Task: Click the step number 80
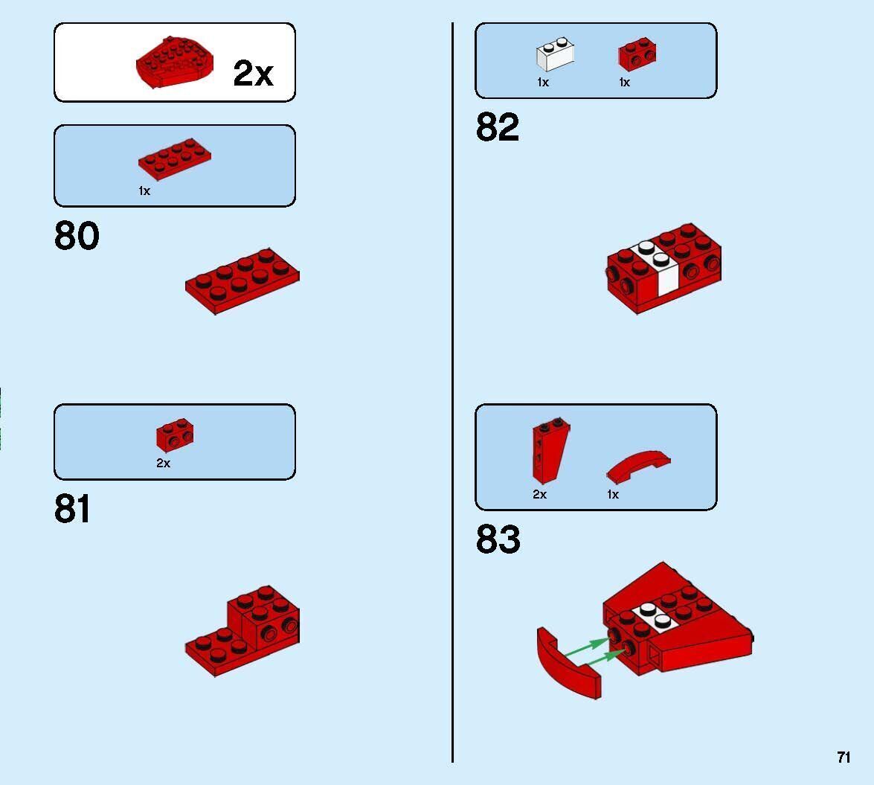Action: [77, 235]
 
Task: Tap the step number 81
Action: [72, 508]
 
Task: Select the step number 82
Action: [498, 127]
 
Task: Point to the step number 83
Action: [498, 539]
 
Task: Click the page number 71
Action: [844, 757]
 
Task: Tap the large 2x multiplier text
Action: [254, 73]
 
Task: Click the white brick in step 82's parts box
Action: [555, 54]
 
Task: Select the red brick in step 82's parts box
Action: [637, 54]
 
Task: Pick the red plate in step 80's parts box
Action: [175, 159]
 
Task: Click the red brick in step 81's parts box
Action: [175, 435]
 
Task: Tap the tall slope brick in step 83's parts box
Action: [550, 450]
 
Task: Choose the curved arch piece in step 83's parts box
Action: [639, 467]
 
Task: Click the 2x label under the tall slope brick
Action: [539, 495]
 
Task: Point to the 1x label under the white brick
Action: [543, 83]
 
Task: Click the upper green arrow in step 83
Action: [588, 647]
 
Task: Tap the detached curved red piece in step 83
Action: [568, 664]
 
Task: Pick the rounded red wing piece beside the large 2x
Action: [175, 63]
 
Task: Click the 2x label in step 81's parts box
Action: [164, 464]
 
